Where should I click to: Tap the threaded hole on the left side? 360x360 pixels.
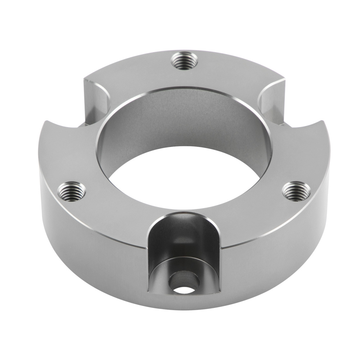tap(72, 191)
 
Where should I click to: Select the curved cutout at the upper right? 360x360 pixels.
tap(271, 97)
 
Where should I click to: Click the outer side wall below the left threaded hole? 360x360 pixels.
tap(72, 234)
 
